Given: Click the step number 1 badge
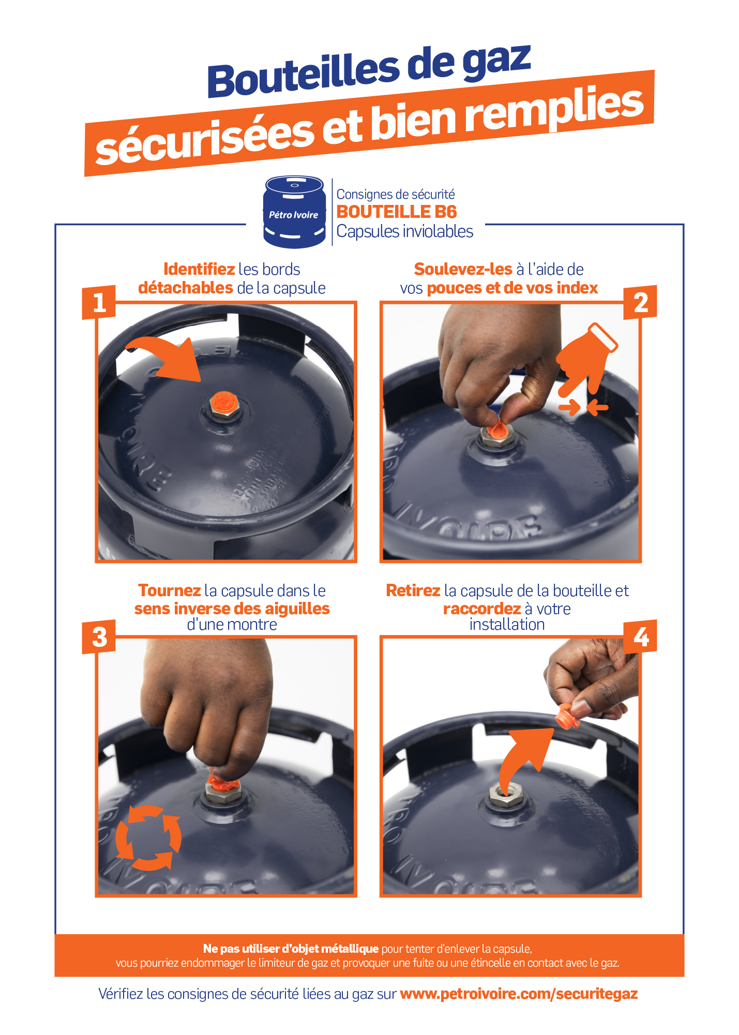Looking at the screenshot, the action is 98,302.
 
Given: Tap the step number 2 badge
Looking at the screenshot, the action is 640,302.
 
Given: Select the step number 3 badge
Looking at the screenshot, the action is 98,637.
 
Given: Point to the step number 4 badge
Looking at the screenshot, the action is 640,637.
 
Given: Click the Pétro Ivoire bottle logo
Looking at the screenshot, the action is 294,212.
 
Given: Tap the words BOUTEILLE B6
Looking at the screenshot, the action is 397,212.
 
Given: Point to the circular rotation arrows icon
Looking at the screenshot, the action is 148,838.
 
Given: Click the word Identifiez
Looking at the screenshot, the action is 199,270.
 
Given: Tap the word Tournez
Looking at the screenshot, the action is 170,590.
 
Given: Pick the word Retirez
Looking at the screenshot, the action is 413,590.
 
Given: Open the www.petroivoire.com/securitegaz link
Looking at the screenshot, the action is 519,994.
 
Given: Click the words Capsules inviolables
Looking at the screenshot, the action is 405,231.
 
